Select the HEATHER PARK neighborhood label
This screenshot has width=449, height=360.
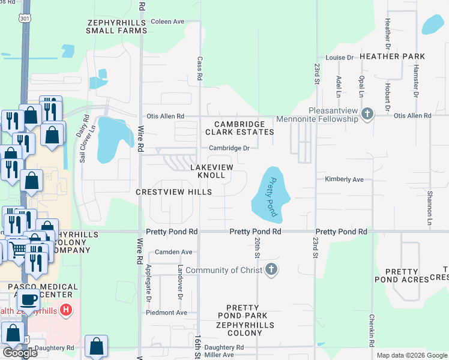point(393,56)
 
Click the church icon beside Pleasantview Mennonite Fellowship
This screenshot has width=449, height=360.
point(368,113)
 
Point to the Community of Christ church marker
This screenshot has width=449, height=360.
point(271,269)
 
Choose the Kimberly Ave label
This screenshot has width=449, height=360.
point(345,179)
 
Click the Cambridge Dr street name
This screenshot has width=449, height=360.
point(229,148)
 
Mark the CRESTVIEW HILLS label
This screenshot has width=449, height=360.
point(173,192)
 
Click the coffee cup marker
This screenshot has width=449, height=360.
point(28,301)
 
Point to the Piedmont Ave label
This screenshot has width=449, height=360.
point(167,313)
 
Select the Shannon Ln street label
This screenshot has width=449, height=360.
point(430,203)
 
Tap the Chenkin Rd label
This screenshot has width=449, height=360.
point(372,330)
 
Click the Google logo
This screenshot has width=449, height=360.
point(20,352)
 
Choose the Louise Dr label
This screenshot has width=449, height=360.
point(339,58)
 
